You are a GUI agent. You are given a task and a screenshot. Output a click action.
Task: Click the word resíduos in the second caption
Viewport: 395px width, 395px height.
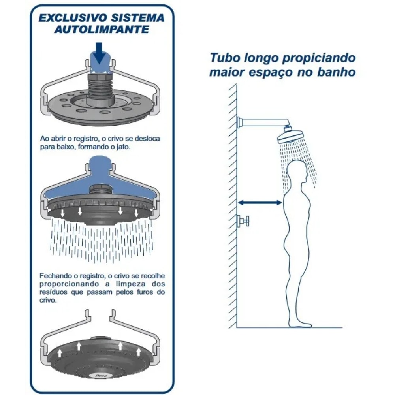pos(53,292)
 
